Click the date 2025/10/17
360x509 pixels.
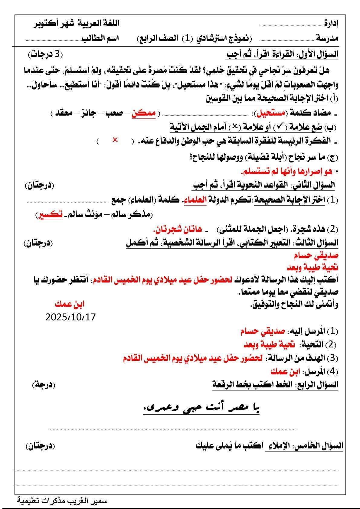click(x=70, y=317)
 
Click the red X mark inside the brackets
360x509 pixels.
click(x=115, y=140)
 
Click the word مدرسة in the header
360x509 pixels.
click(x=328, y=38)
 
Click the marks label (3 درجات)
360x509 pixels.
click(x=46, y=54)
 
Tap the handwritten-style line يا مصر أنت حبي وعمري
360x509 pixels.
click(x=201, y=409)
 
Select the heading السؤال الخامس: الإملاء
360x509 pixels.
click(x=304, y=445)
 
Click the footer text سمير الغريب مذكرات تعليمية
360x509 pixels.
click(x=62, y=501)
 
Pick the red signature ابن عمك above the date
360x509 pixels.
click(x=70, y=304)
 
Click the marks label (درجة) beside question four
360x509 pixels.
click(x=44, y=385)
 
